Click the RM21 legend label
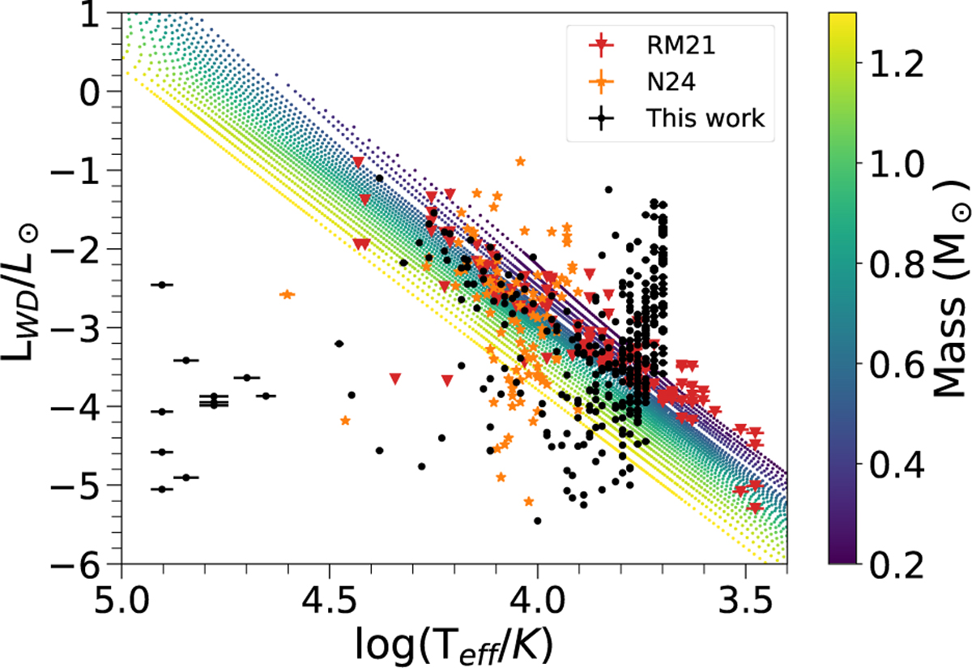pos(680,45)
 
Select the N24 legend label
pos(671,81)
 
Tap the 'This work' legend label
pos(706,118)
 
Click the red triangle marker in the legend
pos(601,45)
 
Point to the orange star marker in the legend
pos(601,81)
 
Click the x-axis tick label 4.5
pos(330,600)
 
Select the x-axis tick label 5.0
pos(122,600)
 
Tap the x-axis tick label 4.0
pos(537,600)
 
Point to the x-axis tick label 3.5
pos(745,600)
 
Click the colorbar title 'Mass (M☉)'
pos(951,288)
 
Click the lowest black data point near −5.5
pos(538,520)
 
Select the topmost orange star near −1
pos(521,161)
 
